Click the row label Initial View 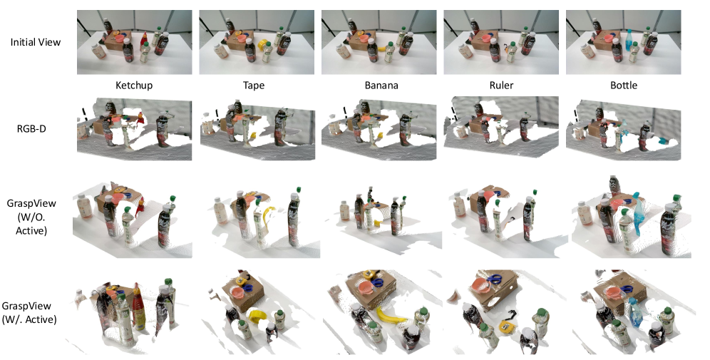click(x=36, y=42)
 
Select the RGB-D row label click(x=31, y=129)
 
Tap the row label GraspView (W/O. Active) click(x=31, y=217)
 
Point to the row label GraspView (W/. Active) click(x=29, y=312)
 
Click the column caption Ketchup click(x=134, y=86)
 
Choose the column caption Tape click(x=254, y=86)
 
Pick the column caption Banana click(x=381, y=86)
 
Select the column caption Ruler click(x=501, y=86)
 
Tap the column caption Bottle click(x=624, y=86)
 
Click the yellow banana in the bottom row click(x=391, y=316)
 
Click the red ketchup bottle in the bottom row click(x=138, y=307)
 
